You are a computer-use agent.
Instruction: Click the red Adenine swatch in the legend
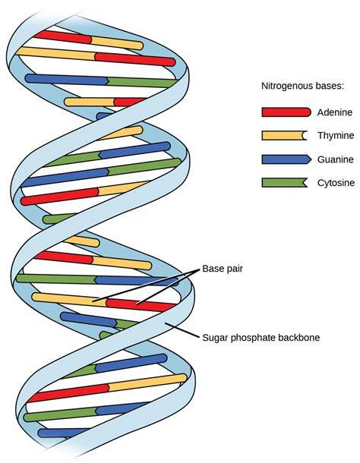point(286,112)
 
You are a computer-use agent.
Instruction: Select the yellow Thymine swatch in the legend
point(284,136)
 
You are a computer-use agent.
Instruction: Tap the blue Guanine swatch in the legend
point(286,159)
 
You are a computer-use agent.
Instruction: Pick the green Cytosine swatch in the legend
point(284,182)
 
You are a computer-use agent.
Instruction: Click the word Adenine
point(335,112)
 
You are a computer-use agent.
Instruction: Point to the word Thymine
point(336,136)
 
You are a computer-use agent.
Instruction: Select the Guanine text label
point(336,159)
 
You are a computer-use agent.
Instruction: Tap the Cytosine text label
point(336,183)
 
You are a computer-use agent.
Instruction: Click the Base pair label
point(223,269)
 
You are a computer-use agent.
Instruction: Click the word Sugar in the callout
point(215,338)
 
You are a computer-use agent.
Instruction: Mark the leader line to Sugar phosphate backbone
point(182,330)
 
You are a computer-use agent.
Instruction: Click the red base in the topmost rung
point(63,37)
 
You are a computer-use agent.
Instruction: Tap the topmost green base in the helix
point(142,83)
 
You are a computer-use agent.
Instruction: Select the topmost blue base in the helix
point(67,79)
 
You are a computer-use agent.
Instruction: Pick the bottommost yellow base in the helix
point(147,382)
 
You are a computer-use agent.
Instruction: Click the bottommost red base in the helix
point(68,393)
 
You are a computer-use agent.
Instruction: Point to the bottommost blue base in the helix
point(63,433)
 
